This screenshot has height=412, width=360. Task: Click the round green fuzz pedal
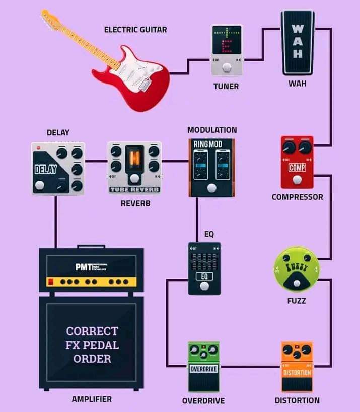297,269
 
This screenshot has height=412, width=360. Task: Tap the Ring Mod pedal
211,167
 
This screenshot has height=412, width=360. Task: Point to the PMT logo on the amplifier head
84,267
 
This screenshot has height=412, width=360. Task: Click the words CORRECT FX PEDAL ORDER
92,345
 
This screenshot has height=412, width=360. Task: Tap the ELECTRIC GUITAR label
135,30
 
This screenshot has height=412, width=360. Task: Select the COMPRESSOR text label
297,197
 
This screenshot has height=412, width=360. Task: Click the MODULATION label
212,130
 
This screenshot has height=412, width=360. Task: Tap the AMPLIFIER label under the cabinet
92,399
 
